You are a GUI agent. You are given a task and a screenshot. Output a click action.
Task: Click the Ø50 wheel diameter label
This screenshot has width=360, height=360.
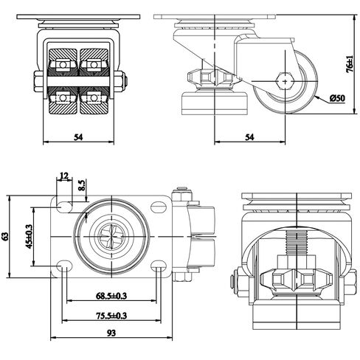(x=337, y=98)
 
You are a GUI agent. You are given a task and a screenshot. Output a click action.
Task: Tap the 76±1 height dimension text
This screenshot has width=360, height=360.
(x=350, y=64)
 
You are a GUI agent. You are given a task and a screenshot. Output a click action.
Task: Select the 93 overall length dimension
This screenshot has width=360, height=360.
(x=111, y=333)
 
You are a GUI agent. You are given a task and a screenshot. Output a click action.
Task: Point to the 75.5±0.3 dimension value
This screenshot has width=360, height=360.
(x=111, y=316)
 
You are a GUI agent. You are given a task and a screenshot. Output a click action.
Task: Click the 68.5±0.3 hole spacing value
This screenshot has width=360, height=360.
(x=111, y=296)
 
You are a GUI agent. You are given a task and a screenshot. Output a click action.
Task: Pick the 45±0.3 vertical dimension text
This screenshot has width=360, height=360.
(x=29, y=237)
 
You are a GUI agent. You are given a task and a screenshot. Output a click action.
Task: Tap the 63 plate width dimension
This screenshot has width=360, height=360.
(x=5, y=236)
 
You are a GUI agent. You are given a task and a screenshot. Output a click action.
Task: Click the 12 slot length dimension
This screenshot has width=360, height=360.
(x=63, y=176)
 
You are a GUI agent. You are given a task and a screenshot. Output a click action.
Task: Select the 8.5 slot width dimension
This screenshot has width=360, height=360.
(x=82, y=185)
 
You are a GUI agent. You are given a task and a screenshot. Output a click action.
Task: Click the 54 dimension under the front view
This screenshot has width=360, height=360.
(x=78, y=137)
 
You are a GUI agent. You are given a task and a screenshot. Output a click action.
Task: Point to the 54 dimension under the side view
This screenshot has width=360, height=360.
(x=249, y=137)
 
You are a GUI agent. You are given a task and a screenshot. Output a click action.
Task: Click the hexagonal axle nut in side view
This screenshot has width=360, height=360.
(x=285, y=81)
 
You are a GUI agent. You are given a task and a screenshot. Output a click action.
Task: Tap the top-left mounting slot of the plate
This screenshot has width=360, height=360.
(x=65, y=207)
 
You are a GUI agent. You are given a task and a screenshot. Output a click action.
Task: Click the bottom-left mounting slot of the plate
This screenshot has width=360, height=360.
(x=64, y=266)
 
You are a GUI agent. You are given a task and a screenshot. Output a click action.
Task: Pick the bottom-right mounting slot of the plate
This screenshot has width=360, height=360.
(x=159, y=266)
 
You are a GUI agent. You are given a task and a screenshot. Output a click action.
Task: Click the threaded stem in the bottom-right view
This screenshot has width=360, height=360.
(x=297, y=243)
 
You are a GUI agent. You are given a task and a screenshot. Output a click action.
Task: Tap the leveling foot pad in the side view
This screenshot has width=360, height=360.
(x=214, y=103)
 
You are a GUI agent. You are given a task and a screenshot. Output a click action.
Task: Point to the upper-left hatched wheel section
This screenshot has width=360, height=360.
(x=63, y=55)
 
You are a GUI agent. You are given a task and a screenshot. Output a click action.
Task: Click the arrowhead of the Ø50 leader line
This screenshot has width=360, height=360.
(x=317, y=97)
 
